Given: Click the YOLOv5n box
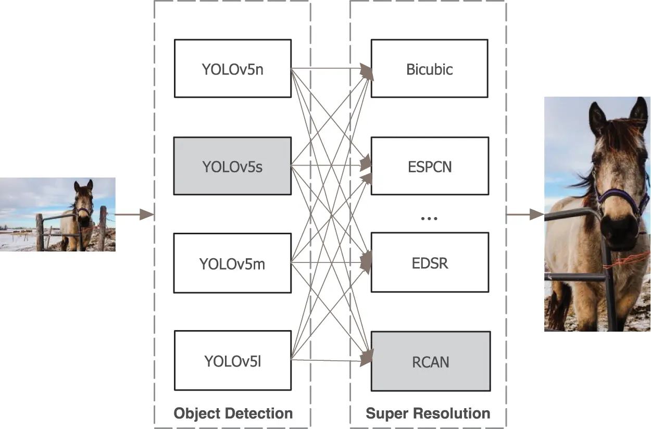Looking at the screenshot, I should click(232, 69).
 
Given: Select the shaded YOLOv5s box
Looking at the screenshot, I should click(232, 166).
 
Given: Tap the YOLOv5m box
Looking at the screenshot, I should click(232, 263).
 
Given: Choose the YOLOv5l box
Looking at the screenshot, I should click(232, 360).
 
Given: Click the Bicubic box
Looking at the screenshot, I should click(429, 69).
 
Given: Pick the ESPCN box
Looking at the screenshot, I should click(429, 166).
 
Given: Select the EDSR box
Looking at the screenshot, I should click(429, 263).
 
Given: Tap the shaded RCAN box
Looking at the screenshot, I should click(430, 361).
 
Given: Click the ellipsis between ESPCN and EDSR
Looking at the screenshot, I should click(429, 218).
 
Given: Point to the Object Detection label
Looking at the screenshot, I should click(233, 413).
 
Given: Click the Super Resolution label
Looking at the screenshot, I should click(428, 413).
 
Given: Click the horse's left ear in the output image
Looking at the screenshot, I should click(598, 117).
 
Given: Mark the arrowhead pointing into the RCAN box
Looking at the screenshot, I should click(367, 356).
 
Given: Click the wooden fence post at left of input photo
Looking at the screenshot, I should click(40, 232).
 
